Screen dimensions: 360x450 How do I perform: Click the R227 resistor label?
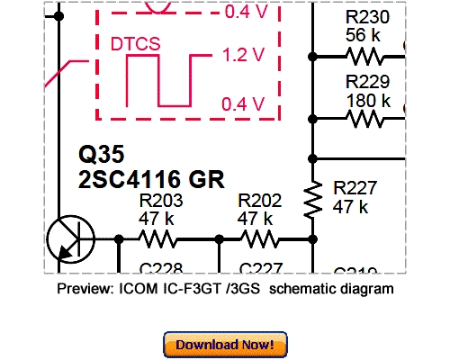click(355, 188)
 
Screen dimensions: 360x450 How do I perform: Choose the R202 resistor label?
click(259, 201)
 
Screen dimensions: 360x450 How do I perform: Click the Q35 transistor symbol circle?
click(70, 238)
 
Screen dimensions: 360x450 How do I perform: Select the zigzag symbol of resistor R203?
click(159, 238)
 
